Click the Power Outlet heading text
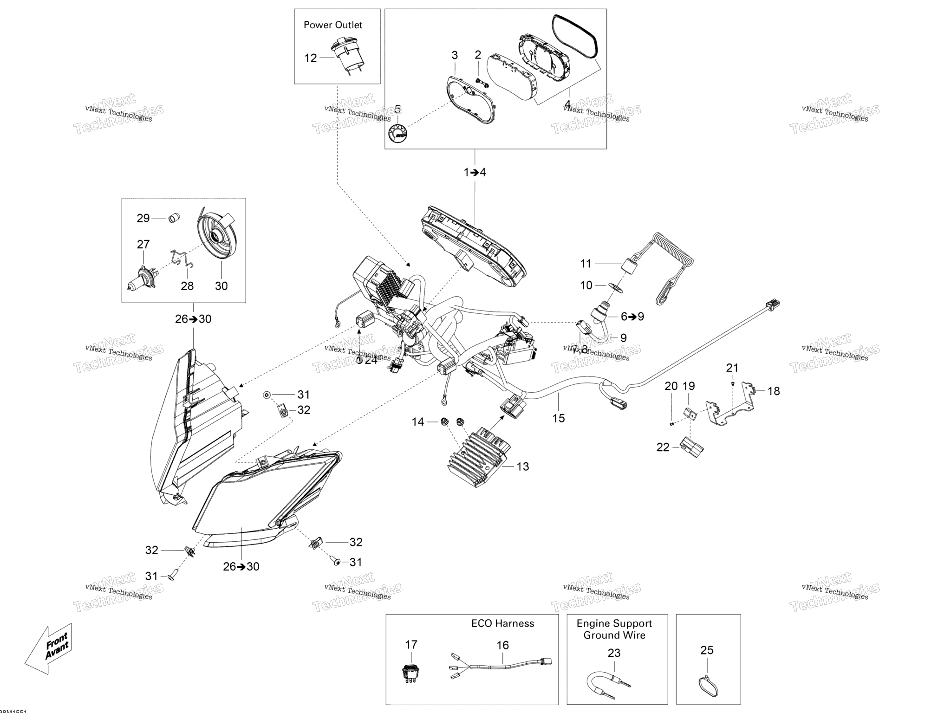tap(332, 25)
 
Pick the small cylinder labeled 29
tap(173, 217)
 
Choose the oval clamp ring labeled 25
tap(708, 687)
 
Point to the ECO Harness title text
tap(502, 623)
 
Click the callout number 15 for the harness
tap(558, 418)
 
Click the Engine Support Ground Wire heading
tap(614, 629)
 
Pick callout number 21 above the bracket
tap(732, 368)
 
